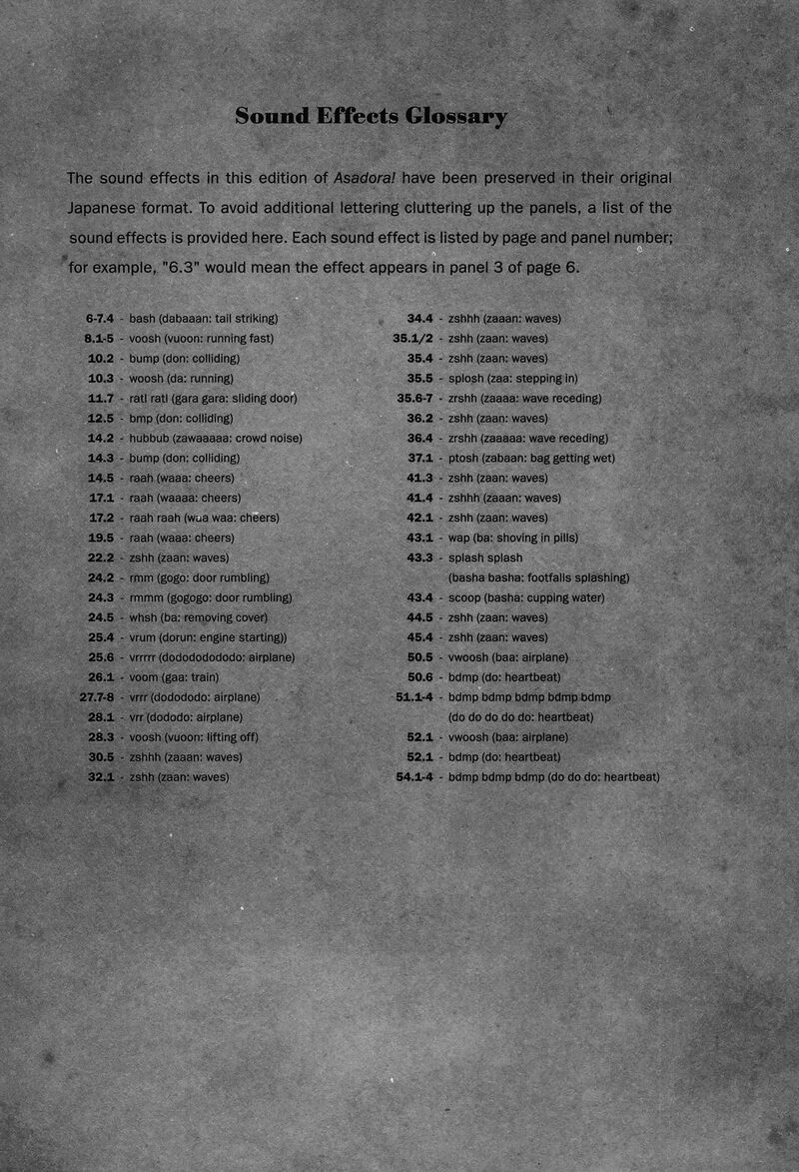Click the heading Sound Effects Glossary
click(x=371, y=116)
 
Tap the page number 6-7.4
click(x=99, y=318)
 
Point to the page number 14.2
click(x=100, y=438)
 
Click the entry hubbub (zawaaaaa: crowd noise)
click(x=215, y=438)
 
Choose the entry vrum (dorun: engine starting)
click(x=208, y=637)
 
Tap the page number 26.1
click(x=100, y=677)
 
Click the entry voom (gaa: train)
click(x=174, y=677)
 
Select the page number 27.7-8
click(x=96, y=697)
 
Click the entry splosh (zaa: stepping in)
click(x=512, y=378)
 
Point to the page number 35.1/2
click(x=412, y=338)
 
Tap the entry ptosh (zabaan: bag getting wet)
click(x=531, y=458)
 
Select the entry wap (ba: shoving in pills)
click(x=512, y=538)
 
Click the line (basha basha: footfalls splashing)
click(x=538, y=578)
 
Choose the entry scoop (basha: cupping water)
click(x=526, y=597)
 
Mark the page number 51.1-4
click(x=414, y=697)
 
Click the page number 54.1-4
click(x=414, y=777)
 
